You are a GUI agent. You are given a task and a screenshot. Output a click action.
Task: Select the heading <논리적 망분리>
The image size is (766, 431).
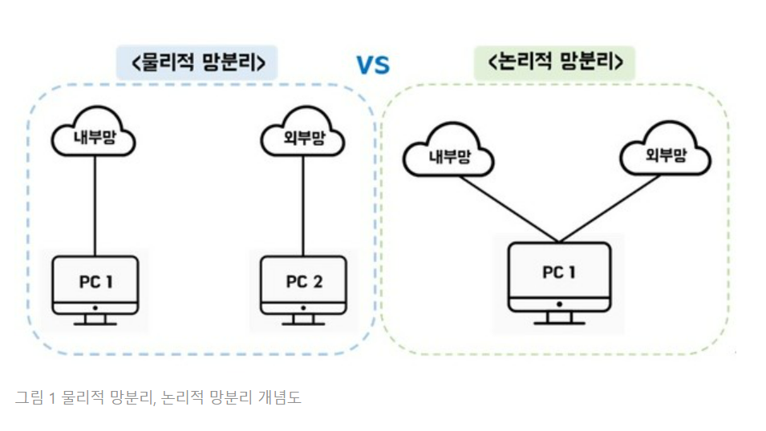click(x=554, y=62)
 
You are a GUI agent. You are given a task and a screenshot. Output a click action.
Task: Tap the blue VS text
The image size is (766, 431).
click(x=373, y=65)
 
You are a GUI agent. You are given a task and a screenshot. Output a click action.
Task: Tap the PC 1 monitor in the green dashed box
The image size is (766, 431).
click(x=559, y=275)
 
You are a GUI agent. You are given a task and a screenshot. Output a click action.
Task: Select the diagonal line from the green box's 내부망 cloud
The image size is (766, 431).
click(x=505, y=207)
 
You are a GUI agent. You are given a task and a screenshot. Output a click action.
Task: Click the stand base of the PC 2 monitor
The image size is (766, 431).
click(x=304, y=323)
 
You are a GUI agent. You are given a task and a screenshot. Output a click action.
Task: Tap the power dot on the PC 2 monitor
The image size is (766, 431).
click(x=304, y=308)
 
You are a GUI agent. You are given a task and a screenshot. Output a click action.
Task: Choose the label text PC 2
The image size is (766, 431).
click(x=304, y=281)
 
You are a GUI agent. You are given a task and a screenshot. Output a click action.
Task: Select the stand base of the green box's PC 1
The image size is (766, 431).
click(x=559, y=321)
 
